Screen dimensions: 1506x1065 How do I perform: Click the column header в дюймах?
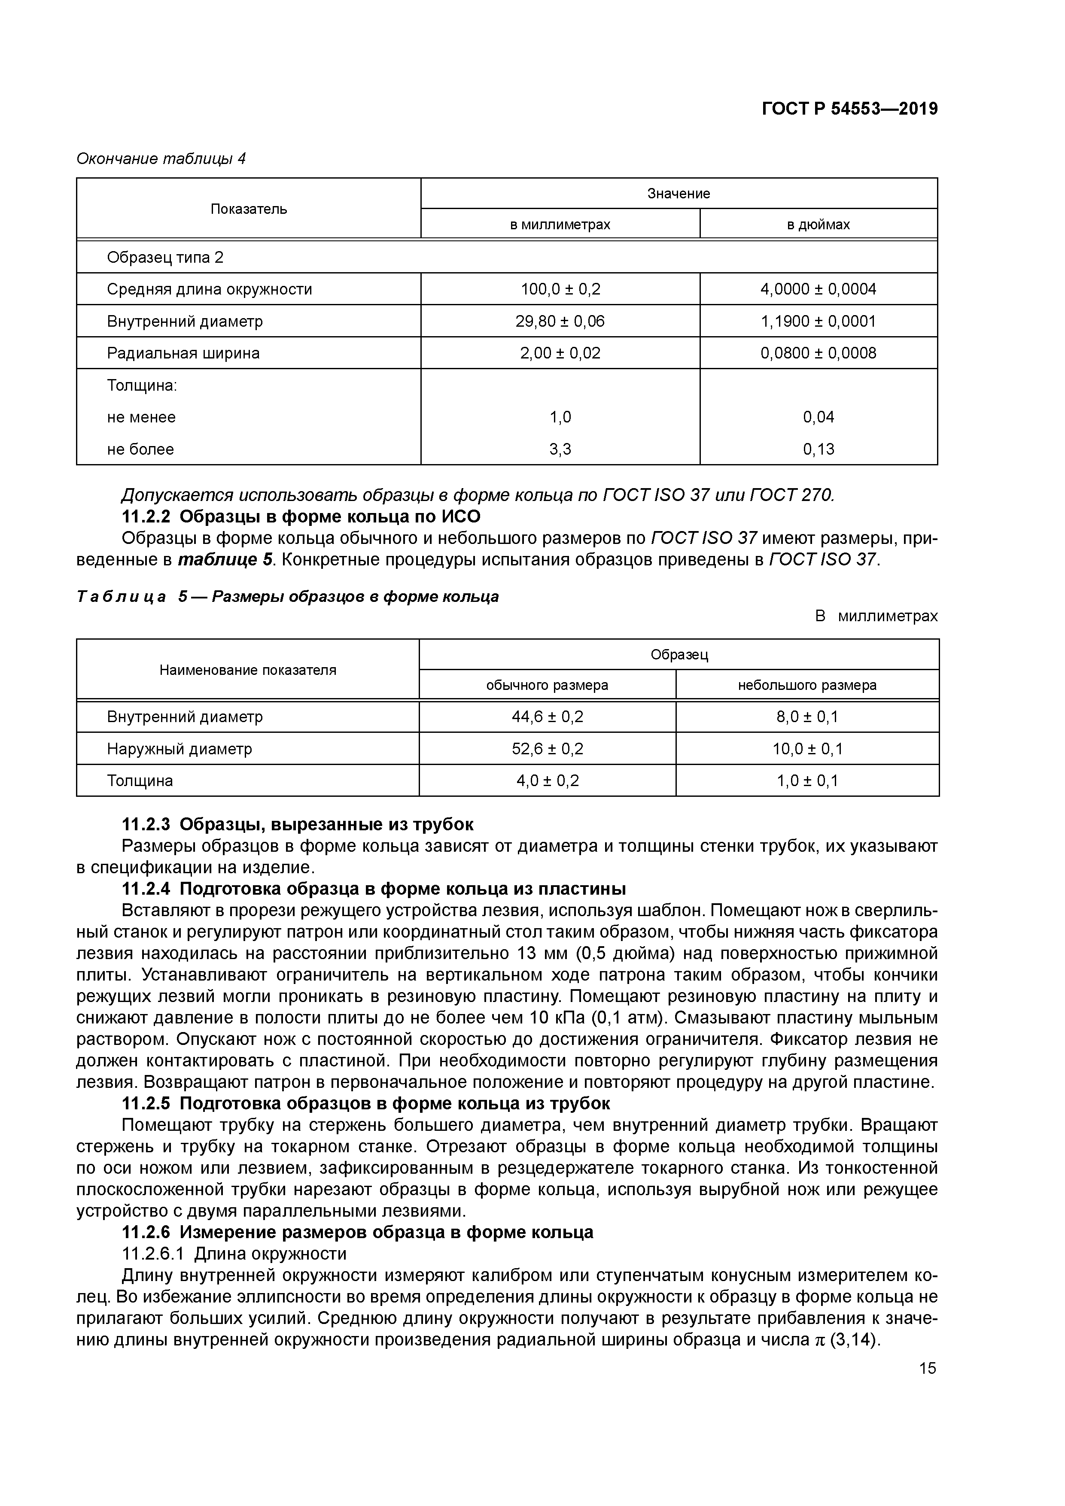coord(818,225)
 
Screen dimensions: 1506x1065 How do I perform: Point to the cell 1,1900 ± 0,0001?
coord(818,322)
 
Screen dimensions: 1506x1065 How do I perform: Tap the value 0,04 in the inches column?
coord(818,417)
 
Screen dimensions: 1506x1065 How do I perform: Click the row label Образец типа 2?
coord(165,257)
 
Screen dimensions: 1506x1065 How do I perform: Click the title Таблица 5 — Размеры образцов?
coord(287,596)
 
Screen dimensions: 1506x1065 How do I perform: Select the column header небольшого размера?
coord(806,686)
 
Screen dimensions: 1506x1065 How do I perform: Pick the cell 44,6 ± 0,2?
coord(547,717)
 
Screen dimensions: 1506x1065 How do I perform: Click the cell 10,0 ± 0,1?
coord(806,749)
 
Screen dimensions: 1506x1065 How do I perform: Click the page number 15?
coord(927,1368)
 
